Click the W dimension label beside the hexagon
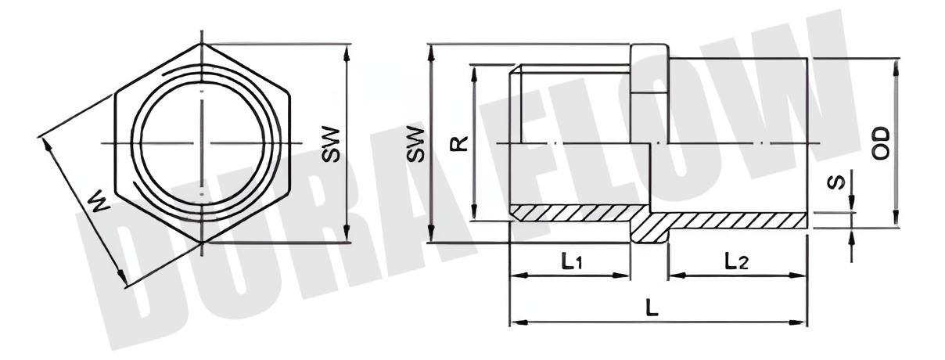point(95,205)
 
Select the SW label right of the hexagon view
point(331,143)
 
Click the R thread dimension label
point(460,143)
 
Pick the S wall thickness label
point(836,182)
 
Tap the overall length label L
point(652,308)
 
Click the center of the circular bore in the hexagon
point(202,143)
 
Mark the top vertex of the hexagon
point(202,44)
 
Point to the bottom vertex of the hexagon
point(202,242)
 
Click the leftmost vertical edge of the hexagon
point(116,143)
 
